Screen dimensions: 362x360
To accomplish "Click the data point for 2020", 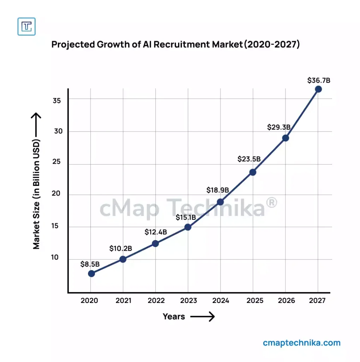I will [x=91, y=273].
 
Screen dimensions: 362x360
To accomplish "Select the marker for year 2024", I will [x=220, y=202].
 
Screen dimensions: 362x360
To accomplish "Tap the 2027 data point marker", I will [x=318, y=89].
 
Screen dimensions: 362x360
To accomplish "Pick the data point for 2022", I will [x=155, y=243].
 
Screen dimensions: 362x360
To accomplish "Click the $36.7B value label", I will [x=318, y=80].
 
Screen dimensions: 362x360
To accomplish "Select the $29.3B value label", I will [x=279, y=127].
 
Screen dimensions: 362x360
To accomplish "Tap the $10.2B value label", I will [x=120, y=249].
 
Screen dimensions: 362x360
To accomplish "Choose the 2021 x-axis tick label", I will [x=123, y=300].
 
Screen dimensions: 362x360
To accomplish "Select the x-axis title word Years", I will [x=174, y=316].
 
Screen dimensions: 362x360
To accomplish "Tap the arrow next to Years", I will [x=202, y=316].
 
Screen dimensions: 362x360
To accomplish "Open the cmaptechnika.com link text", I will [x=302, y=343].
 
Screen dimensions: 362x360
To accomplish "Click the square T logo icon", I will [x=26, y=26].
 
